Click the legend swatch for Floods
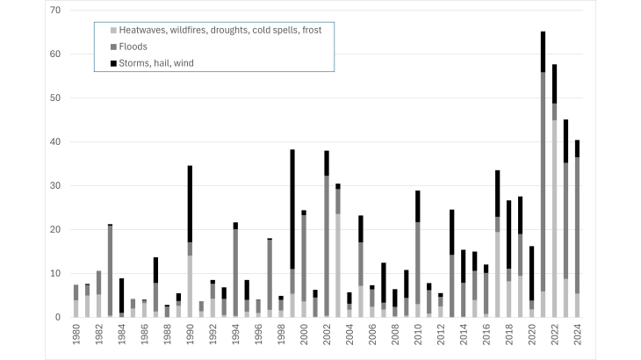click(104, 47)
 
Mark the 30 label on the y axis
click(54, 185)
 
